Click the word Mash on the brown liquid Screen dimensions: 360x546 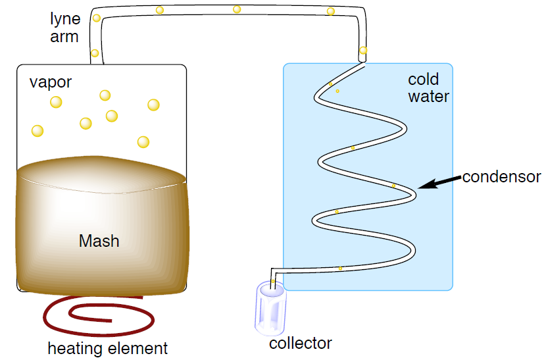[x=99, y=241]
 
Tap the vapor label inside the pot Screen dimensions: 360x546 [x=51, y=83]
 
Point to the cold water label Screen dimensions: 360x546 [x=428, y=88]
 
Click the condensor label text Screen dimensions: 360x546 [x=501, y=177]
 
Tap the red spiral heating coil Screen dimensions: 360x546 [x=98, y=315]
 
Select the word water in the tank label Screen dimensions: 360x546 [x=428, y=97]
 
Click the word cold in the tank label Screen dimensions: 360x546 [x=424, y=80]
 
